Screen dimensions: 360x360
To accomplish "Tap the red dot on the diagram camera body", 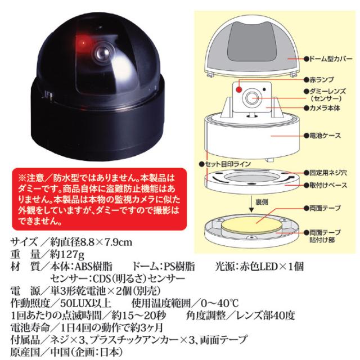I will point(238,88).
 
